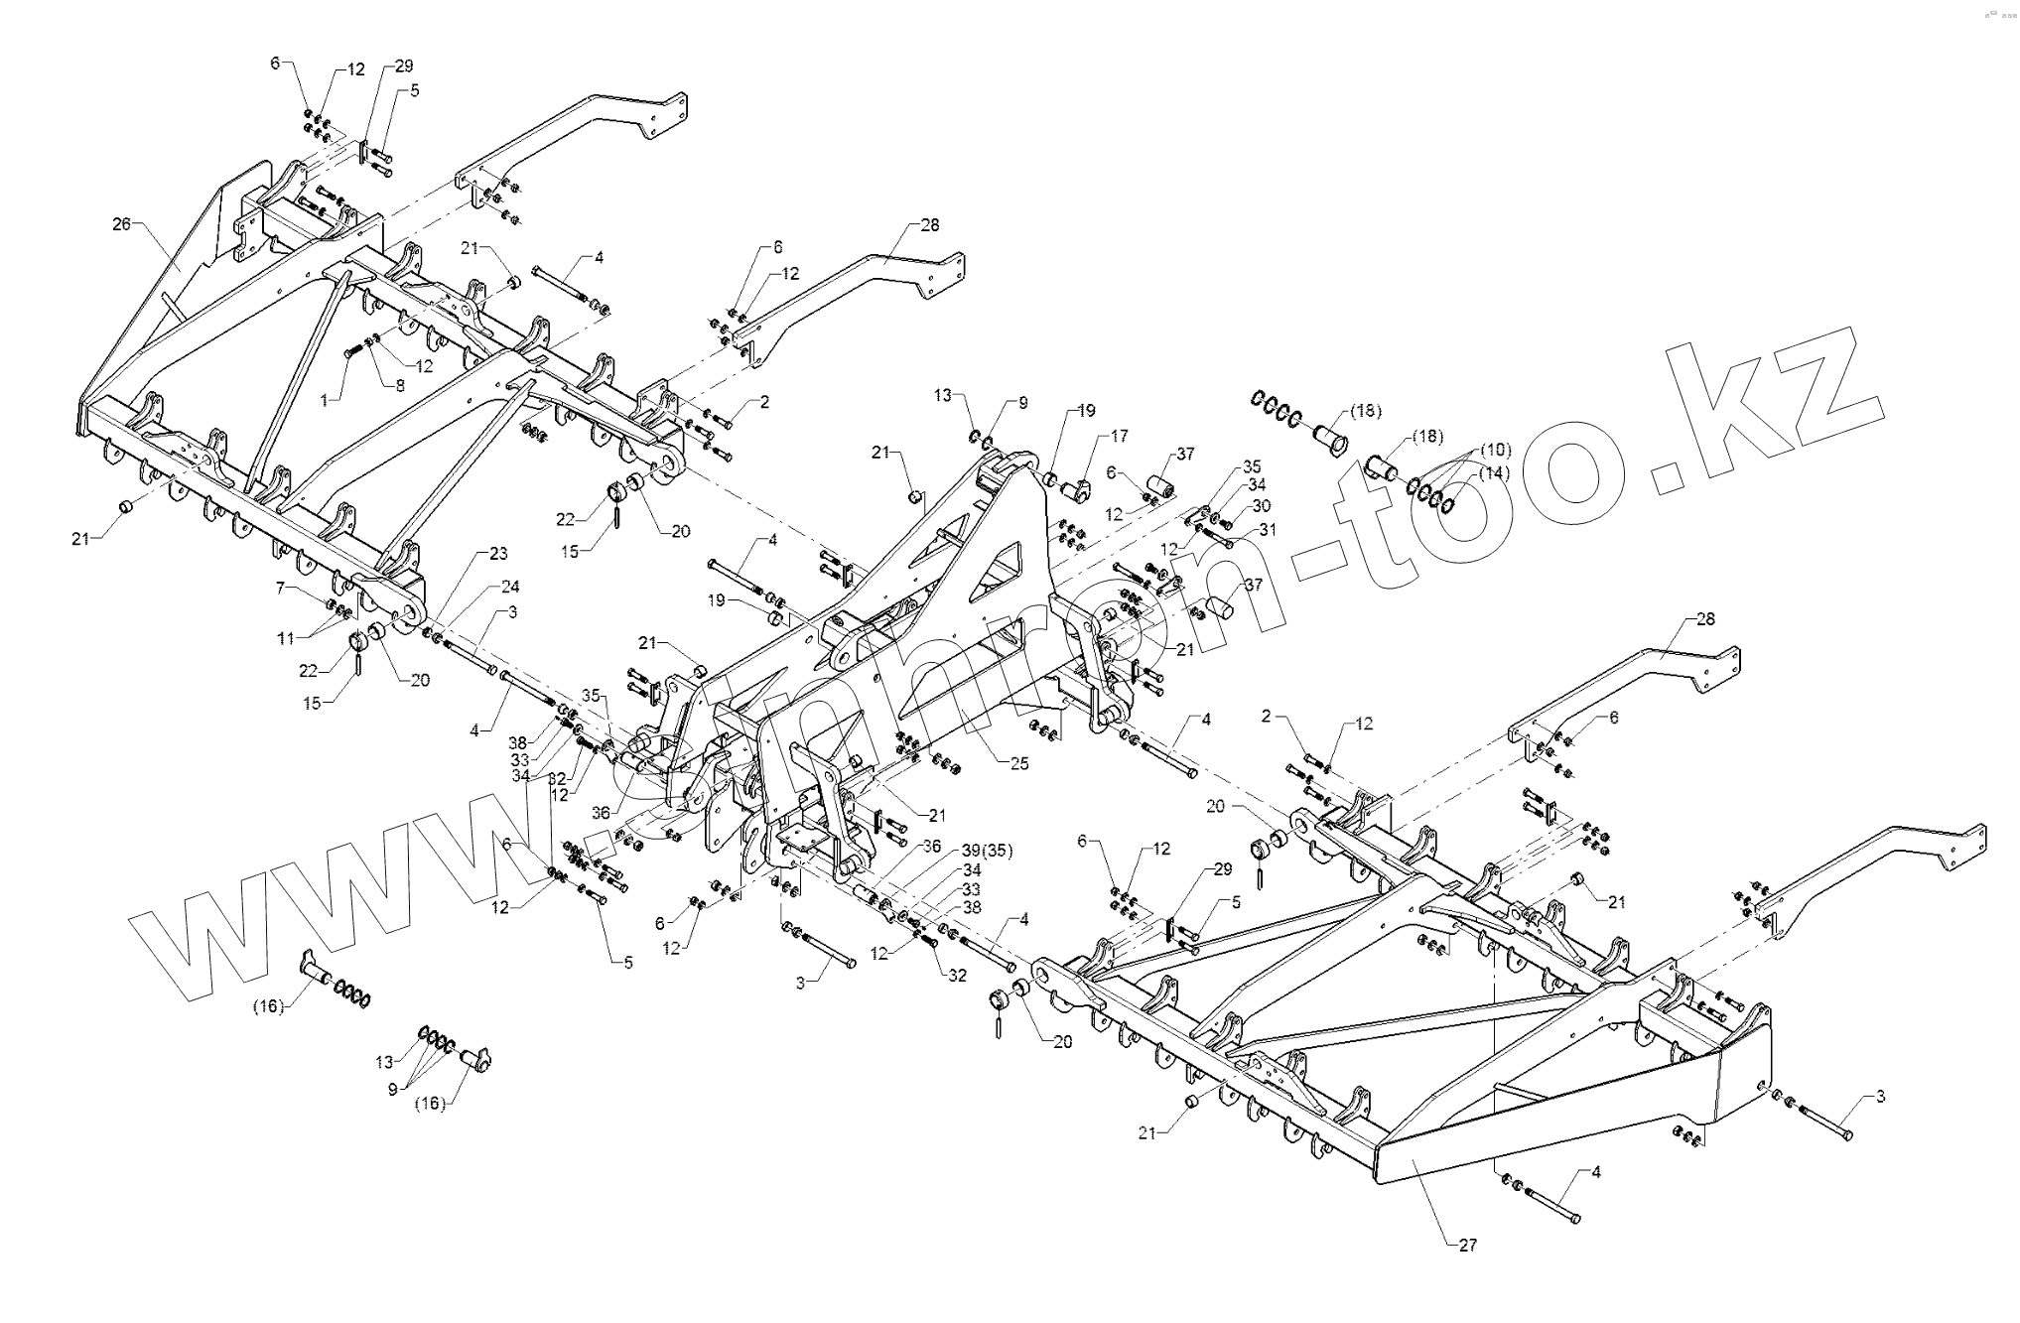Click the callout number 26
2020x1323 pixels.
pos(121,224)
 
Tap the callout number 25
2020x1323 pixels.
pos(1018,763)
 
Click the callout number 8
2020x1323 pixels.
pos(399,386)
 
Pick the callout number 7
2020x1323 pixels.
pos(281,589)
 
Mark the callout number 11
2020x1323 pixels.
pos(286,638)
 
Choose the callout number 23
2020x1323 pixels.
pos(497,553)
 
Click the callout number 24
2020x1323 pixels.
pos(510,587)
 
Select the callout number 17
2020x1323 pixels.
pos(1120,435)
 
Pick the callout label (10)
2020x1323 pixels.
pos(1493,450)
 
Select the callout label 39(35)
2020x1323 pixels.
pos(987,853)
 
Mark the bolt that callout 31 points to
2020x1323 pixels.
pos(1219,540)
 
